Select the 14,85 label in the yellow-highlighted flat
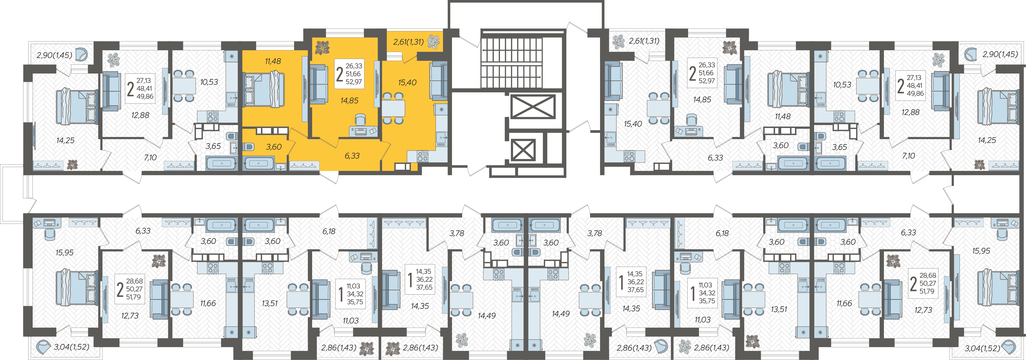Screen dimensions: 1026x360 (349, 101)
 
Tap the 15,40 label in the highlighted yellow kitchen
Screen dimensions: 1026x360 (407, 82)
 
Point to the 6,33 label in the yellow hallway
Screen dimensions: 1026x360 (352, 156)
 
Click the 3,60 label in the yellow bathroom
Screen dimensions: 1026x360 (274, 147)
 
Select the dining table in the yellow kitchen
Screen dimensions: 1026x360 (393, 108)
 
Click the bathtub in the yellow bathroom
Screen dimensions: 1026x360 (259, 163)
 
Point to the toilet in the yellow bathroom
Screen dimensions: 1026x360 (248, 147)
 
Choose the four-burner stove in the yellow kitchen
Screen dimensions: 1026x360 (423, 156)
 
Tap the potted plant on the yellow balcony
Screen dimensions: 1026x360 (433, 41)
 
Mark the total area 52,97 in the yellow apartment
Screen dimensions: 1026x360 (354, 82)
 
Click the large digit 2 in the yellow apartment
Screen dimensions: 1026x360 (339, 74)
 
